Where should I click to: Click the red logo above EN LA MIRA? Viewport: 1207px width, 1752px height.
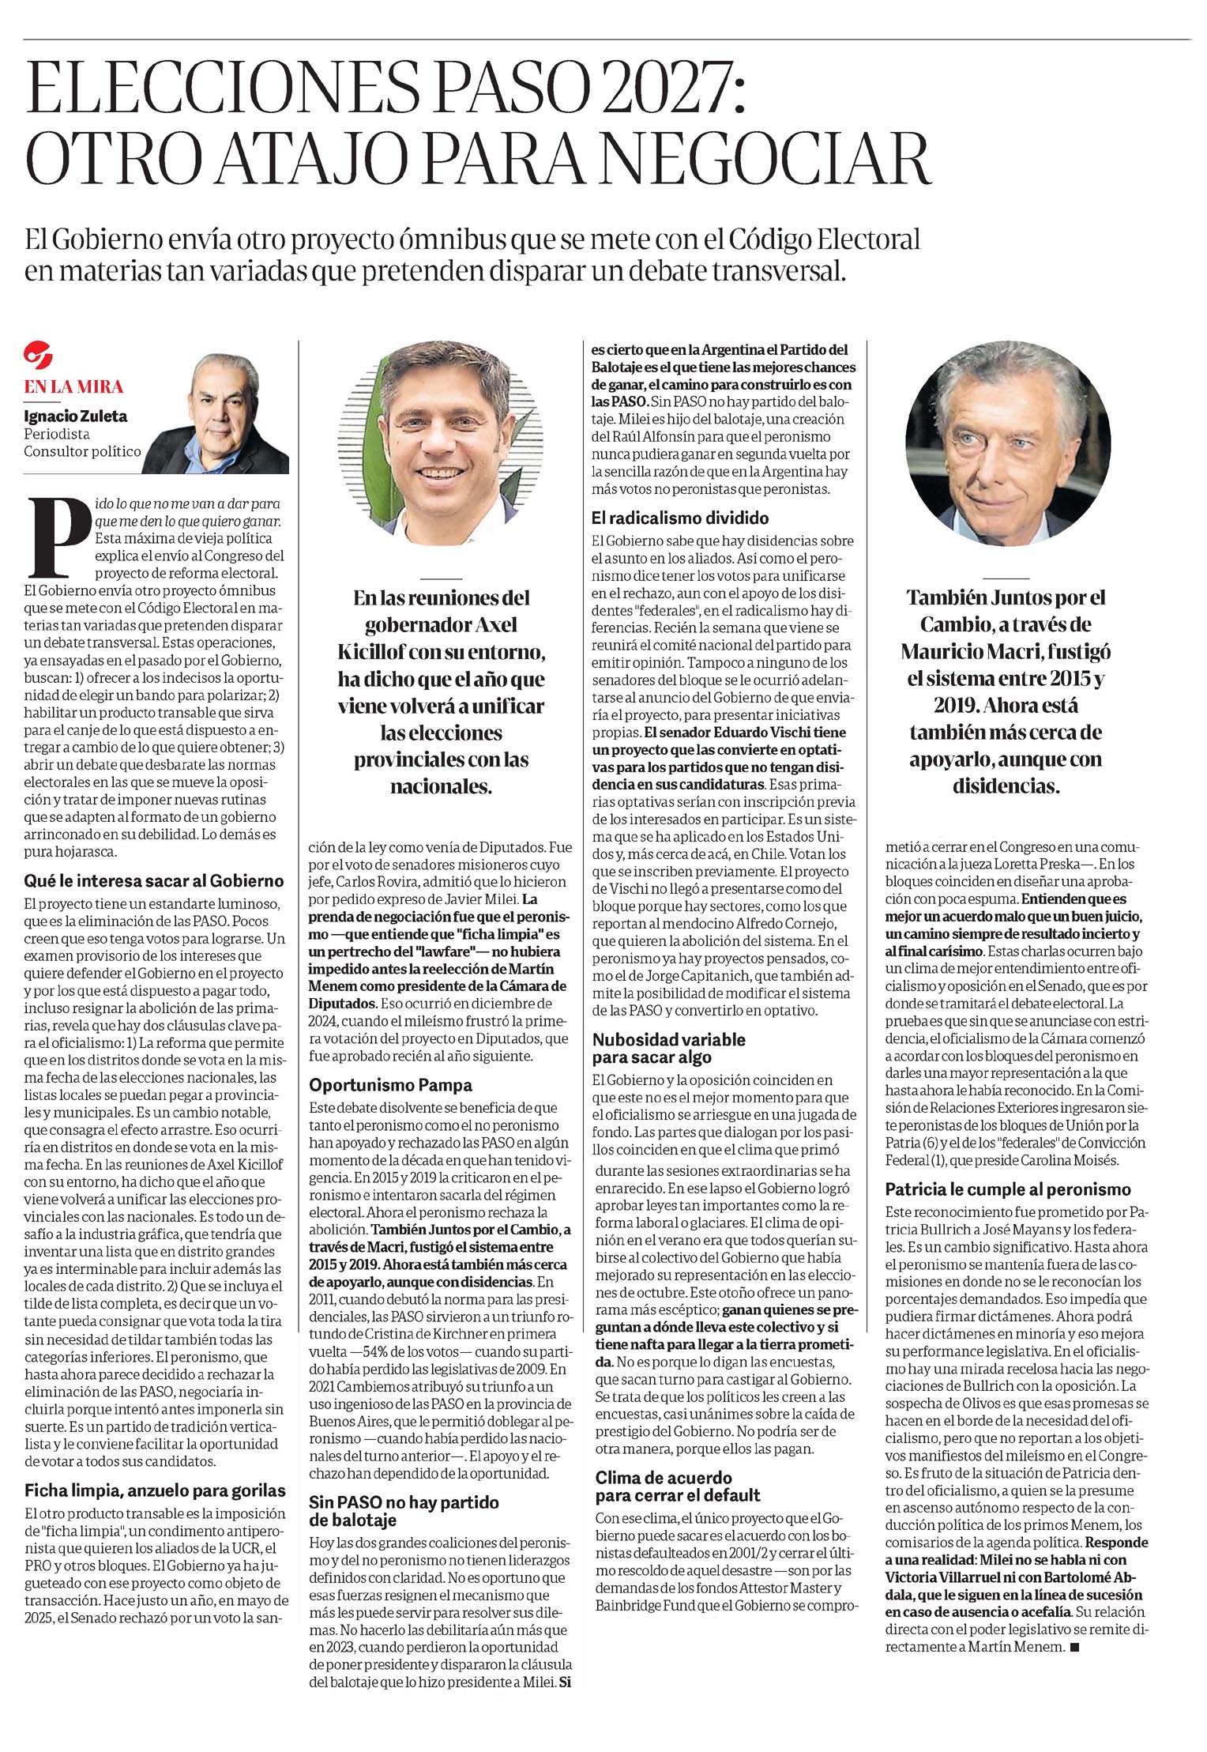pyautogui.click(x=37, y=354)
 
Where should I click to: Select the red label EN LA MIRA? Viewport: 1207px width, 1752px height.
pyautogui.click(x=73, y=386)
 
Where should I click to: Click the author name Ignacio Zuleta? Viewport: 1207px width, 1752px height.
pyautogui.click(x=75, y=416)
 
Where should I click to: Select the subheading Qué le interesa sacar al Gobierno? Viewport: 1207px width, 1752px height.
pyautogui.click(x=153, y=880)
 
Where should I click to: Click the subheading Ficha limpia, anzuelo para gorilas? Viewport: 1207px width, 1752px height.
pyautogui.click(x=155, y=1490)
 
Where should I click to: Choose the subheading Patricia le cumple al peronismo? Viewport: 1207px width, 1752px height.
pyautogui.click(x=1007, y=1189)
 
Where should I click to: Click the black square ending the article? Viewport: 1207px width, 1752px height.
pyautogui.click(x=1072, y=1647)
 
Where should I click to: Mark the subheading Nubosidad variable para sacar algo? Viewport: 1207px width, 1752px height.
pyautogui.click(x=669, y=1048)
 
